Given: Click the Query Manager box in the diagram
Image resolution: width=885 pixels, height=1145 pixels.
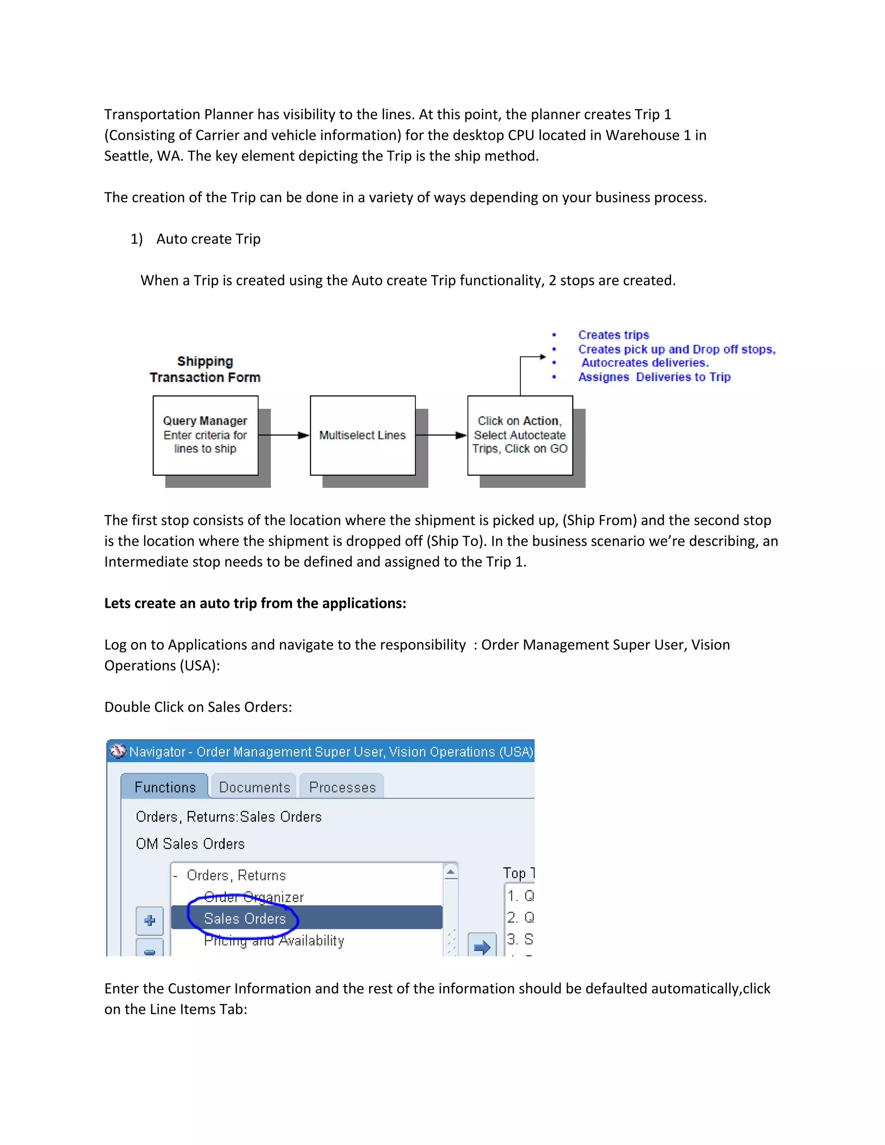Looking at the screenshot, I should (x=205, y=435).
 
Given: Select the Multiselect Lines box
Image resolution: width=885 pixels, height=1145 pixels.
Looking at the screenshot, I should (x=362, y=435).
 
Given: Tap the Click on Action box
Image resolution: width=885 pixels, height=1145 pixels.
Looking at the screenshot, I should (x=519, y=435).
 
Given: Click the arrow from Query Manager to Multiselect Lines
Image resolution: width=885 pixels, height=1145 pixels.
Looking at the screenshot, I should (x=283, y=435).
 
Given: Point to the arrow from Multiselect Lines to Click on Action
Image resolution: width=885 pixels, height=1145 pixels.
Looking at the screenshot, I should (x=441, y=435).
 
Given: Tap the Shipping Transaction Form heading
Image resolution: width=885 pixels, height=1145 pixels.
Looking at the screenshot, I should (x=205, y=369).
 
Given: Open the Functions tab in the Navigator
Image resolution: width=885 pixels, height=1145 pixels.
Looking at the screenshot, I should (x=165, y=787).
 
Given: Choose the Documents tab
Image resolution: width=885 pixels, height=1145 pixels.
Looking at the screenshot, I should (x=254, y=787).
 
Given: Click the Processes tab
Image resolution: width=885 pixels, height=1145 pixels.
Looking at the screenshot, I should (x=342, y=787).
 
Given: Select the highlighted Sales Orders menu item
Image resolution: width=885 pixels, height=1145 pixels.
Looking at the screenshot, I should (x=245, y=919).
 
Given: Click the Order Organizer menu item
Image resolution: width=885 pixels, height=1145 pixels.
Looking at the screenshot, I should (x=254, y=897).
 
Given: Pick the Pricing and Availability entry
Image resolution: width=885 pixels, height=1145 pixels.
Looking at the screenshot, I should (x=274, y=941).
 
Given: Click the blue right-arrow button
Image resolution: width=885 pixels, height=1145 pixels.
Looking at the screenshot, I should (x=481, y=946).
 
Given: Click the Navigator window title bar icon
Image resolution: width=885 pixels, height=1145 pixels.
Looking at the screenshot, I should (x=118, y=751).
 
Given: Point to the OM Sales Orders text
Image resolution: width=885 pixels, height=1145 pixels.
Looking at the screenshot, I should (x=190, y=843).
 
